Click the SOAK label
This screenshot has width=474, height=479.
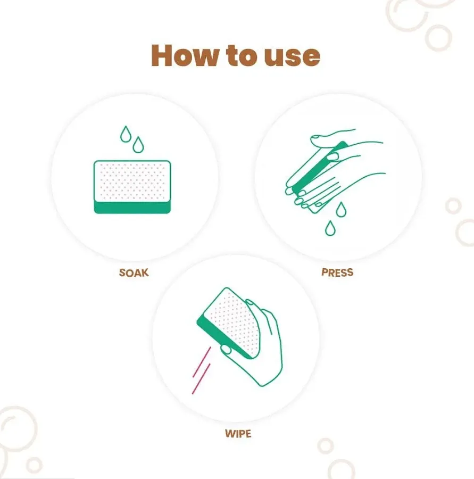[x=134, y=273]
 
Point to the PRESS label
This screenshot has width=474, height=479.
[x=337, y=272]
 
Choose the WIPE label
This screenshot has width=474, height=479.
[x=237, y=433]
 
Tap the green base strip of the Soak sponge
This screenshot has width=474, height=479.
[x=132, y=208]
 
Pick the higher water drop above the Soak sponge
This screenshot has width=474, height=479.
[x=126, y=134]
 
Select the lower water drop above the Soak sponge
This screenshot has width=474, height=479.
[x=138, y=144]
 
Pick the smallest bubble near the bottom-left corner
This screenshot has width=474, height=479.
[x=34, y=465]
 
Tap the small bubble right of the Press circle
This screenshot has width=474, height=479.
[x=453, y=205]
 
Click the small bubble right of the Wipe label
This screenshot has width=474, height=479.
[x=325, y=445]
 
